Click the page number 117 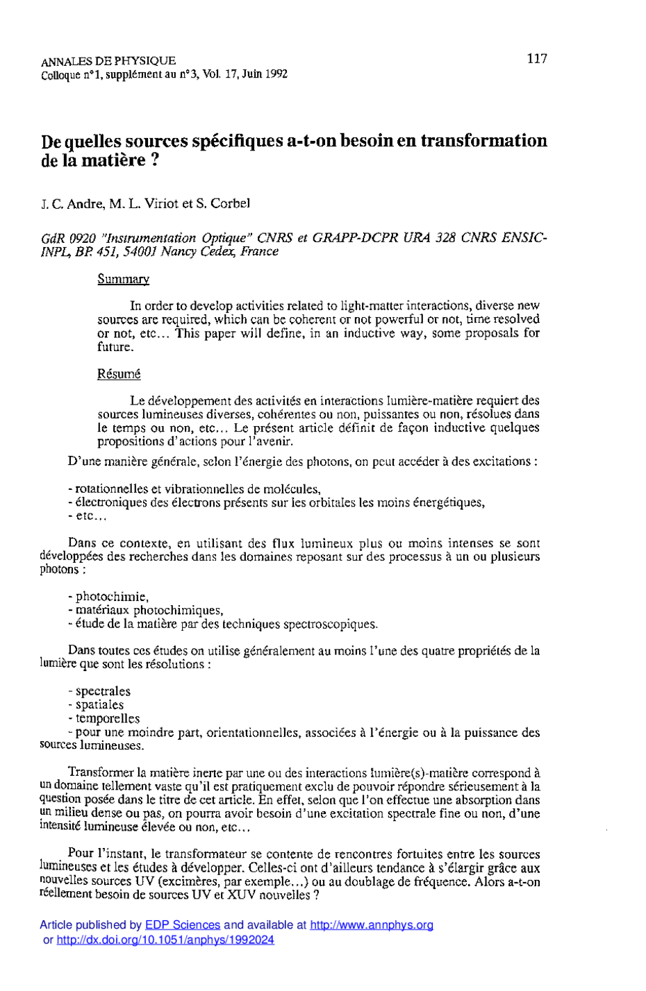[537, 58]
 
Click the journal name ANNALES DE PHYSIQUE [108, 61]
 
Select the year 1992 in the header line [276, 74]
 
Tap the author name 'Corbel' [230, 203]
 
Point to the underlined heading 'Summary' [123, 279]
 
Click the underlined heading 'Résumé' [119, 374]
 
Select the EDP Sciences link [182, 925]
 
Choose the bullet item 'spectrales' [103, 691]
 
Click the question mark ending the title [142, 160]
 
